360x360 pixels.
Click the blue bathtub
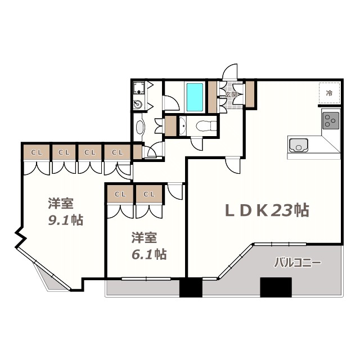(195, 97)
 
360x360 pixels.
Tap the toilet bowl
(206, 126)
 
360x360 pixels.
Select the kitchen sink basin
(299, 146)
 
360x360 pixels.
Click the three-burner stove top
(331, 120)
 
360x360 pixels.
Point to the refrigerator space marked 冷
(329, 93)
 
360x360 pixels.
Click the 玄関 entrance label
(231, 94)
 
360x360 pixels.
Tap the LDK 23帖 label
(268, 210)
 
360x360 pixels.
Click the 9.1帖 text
(65, 220)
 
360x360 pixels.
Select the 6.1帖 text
(149, 254)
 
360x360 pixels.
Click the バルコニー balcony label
(298, 263)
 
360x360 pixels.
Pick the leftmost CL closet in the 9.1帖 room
(37, 152)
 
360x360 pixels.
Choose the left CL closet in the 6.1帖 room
(120, 194)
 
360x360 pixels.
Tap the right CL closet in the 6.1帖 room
(149, 194)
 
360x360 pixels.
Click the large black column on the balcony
(276, 287)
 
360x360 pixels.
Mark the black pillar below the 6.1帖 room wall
(191, 287)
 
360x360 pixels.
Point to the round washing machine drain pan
(138, 105)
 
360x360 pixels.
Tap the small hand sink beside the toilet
(182, 126)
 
